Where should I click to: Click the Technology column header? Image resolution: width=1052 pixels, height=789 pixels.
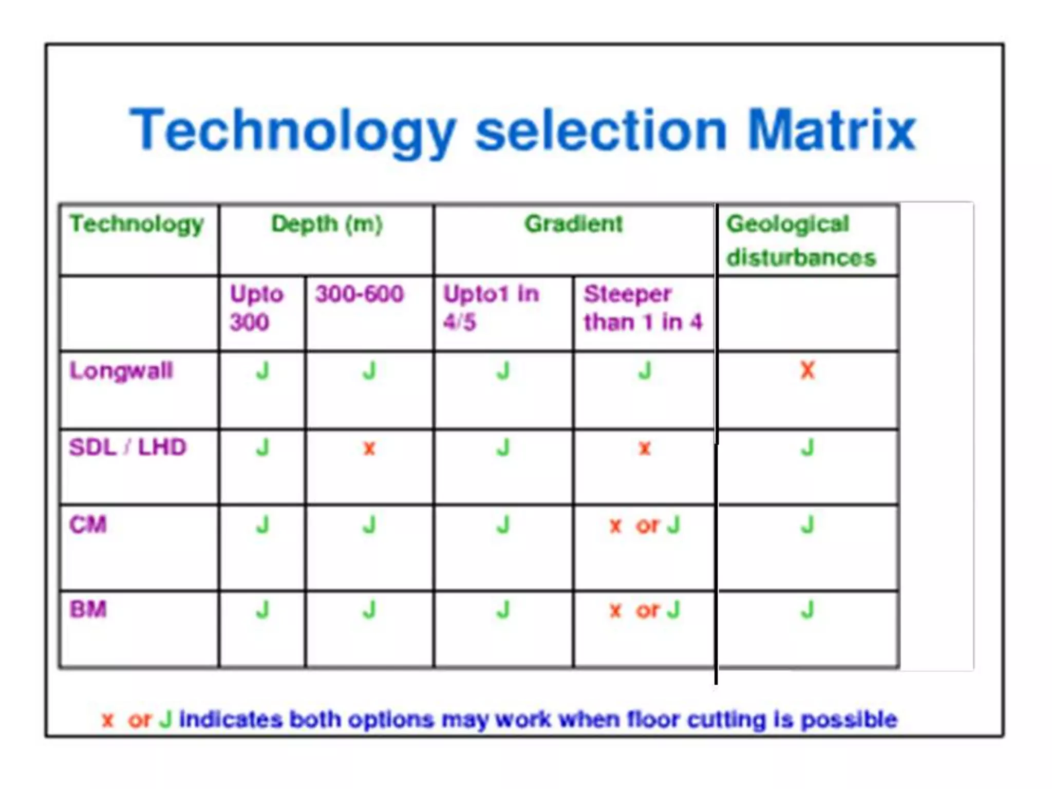click(137, 224)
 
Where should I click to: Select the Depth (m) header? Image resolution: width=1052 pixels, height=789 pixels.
click(327, 224)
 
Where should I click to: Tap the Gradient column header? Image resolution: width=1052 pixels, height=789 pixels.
click(573, 224)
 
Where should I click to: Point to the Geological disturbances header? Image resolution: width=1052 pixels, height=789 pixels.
click(800, 240)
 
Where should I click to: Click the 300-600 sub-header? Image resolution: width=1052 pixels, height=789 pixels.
click(360, 294)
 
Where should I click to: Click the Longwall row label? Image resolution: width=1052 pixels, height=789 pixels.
click(121, 370)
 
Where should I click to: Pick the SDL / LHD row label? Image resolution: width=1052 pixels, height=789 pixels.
click(127, 447)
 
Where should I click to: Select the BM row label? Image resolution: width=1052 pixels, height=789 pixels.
click(88, 610)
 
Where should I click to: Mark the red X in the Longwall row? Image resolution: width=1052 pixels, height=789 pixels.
click(807, 370)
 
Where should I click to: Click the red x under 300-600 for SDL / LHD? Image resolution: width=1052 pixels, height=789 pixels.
click(369, 448)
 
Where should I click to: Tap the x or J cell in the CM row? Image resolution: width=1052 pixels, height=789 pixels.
click(644, 525)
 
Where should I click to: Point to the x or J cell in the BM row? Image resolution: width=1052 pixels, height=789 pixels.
click(644, 610)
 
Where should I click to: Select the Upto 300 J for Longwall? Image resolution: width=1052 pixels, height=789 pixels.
click(262, 370)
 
